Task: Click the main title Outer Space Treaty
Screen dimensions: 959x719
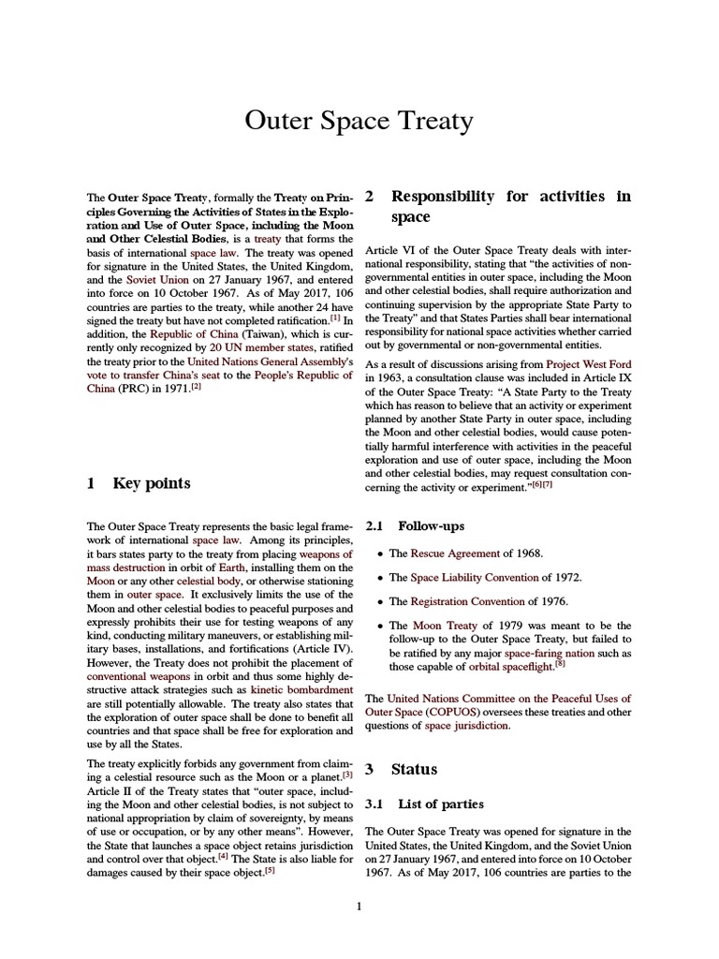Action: (x=359, y=122)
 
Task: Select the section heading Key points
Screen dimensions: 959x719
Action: (x=151, y=483)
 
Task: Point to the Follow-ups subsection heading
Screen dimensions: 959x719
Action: (x=431, y=526)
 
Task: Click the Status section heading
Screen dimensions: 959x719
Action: (x=414, y=770)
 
